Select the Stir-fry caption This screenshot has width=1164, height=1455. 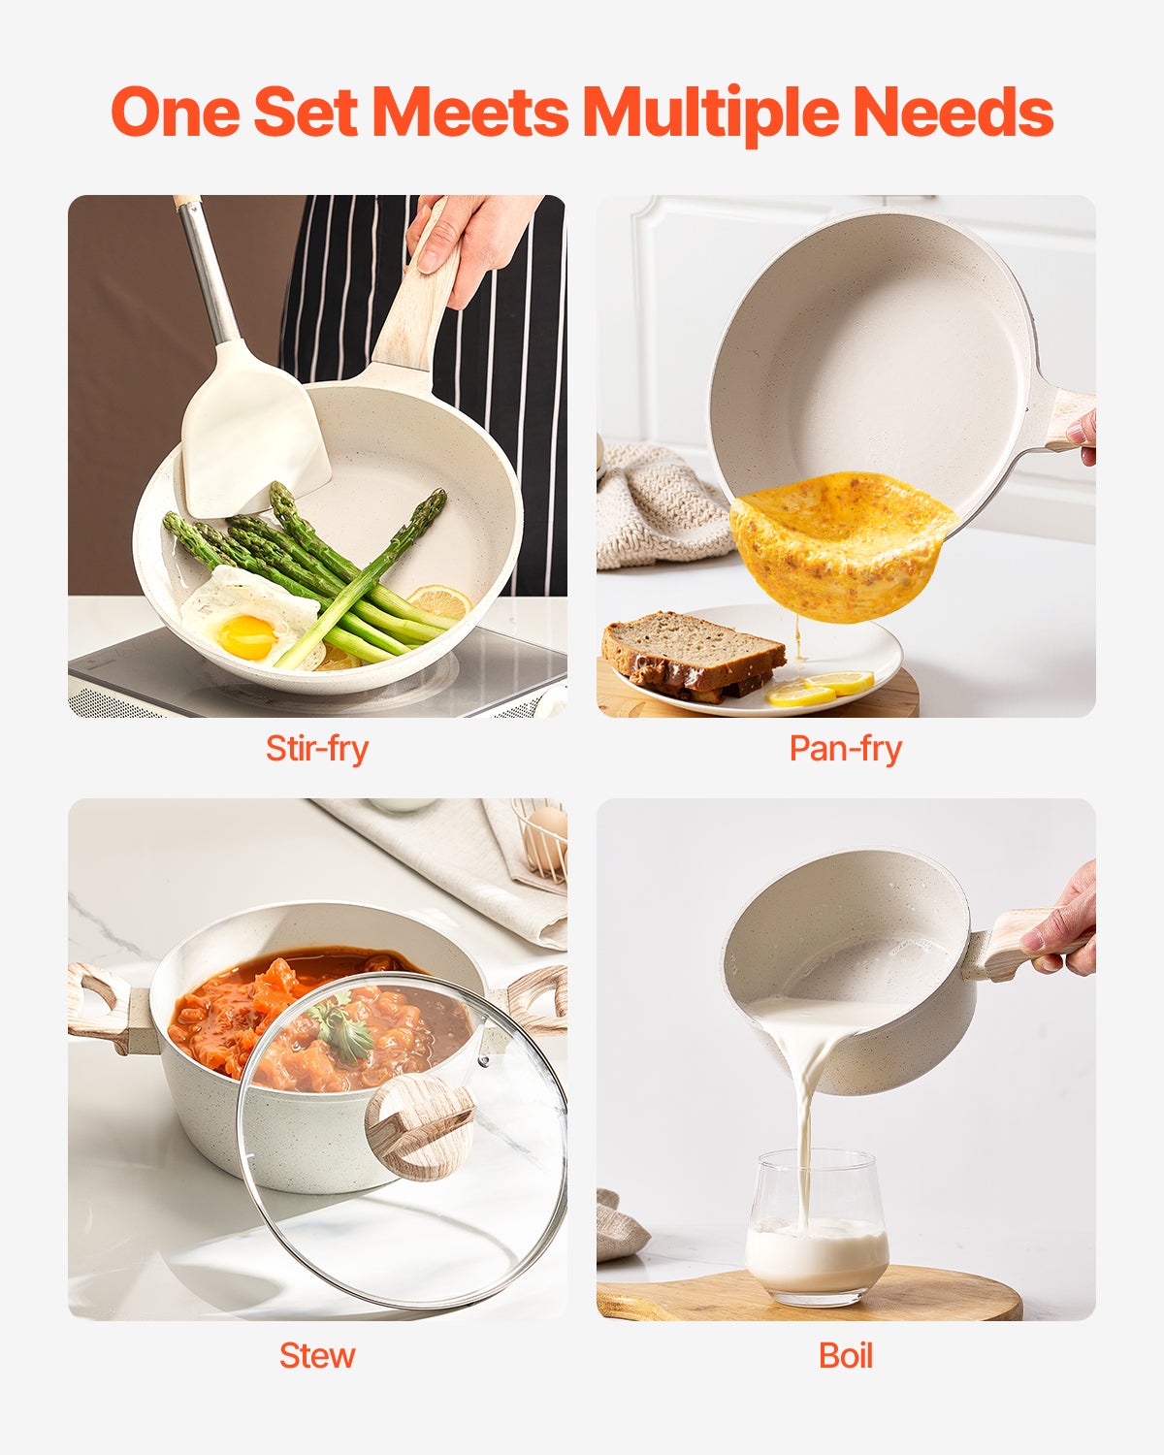[317, 749]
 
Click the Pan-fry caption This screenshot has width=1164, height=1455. [845, 749]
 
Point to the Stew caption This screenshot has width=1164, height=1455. [317, 1355]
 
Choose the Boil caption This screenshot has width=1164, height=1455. [845, 1355]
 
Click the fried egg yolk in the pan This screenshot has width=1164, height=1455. [245, 635]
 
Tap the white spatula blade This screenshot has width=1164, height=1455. [254, 432]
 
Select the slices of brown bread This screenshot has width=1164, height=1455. [691, 652]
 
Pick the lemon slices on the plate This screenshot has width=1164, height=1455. [820, 689]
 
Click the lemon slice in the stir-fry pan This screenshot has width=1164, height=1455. [441, 601]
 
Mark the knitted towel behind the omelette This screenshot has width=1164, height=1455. [660, 504]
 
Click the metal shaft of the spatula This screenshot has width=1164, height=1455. [207, 272]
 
